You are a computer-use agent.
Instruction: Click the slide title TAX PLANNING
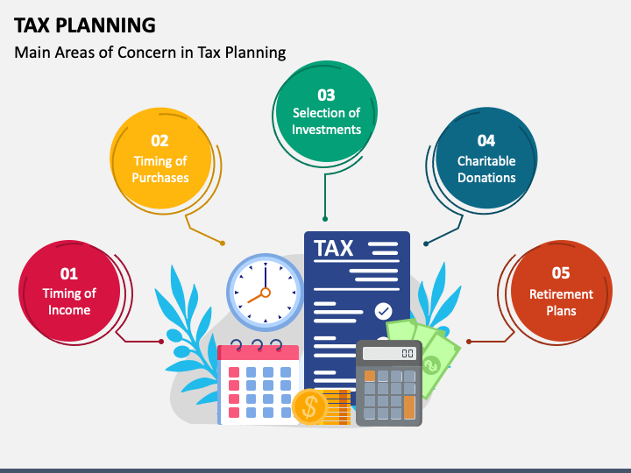85,24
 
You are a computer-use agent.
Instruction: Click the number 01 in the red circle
68,274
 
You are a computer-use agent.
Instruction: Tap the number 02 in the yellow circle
160,140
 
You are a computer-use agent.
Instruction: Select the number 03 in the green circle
326,95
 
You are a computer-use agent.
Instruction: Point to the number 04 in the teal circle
486,141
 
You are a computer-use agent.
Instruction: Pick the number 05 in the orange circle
561,274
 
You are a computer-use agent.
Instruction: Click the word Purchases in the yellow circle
160,177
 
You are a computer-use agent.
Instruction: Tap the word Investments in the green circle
326,130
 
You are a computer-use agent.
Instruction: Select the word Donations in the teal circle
486,177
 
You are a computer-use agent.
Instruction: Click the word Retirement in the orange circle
561,294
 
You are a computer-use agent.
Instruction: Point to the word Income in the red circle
69,310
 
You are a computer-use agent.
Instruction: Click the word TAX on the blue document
334,248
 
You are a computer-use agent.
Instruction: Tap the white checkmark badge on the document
383,310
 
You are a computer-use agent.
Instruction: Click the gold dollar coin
309,406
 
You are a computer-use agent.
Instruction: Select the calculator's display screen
389,353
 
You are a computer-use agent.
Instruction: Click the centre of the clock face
265,290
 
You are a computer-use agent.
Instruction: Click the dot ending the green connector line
325,218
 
